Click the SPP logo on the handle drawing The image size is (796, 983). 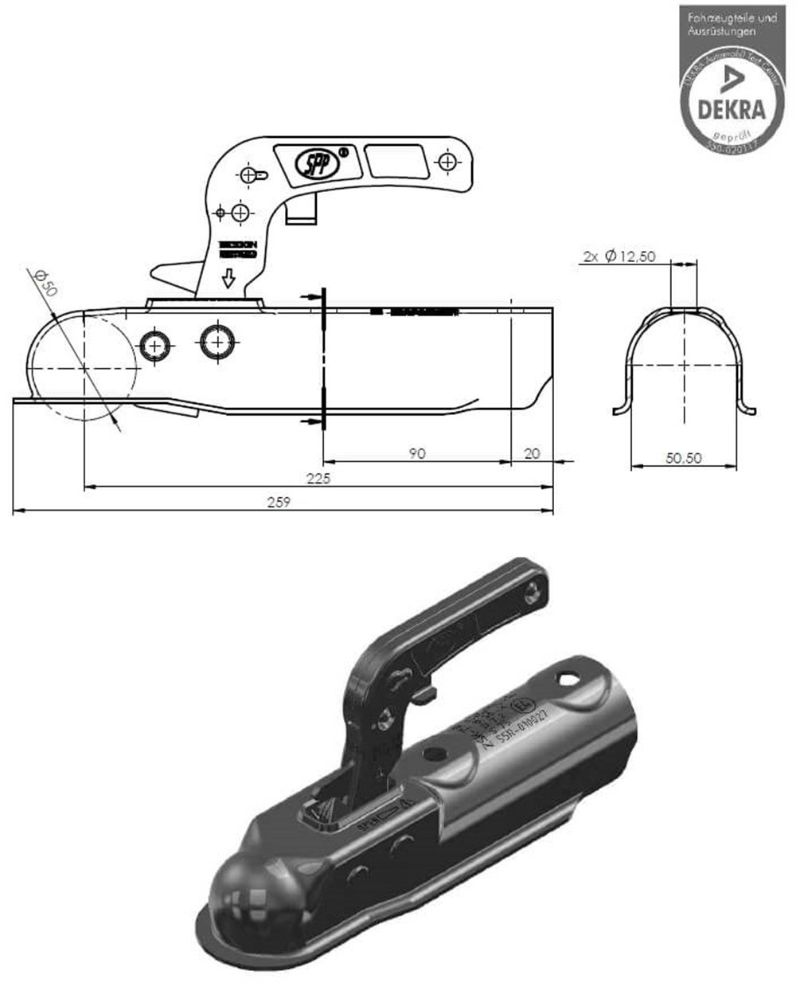point(321,163)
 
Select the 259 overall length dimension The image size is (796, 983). point(278,502)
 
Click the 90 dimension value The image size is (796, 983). point(417,453)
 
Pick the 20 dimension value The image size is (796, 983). point(533,453)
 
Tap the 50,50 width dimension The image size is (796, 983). point(685,459)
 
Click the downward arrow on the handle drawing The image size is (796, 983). point(228,278)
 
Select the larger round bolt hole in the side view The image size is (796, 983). point(216,343)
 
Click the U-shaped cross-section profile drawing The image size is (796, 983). point(685,358)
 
